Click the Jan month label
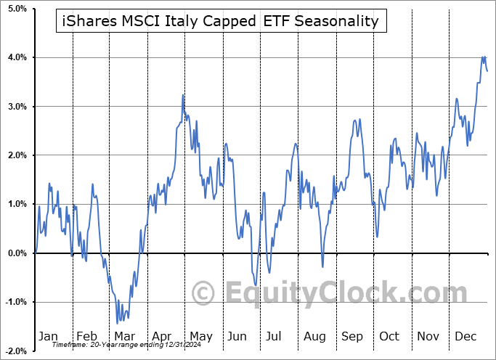click(48, 337)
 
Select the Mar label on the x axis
click(123, 337)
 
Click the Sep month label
click(352, 337)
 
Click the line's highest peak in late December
click(483, 57)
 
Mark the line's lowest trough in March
click(118, 323)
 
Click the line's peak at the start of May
click(183, 95)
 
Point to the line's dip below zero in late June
click(256, 285)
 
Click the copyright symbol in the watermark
click(203, 293)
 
